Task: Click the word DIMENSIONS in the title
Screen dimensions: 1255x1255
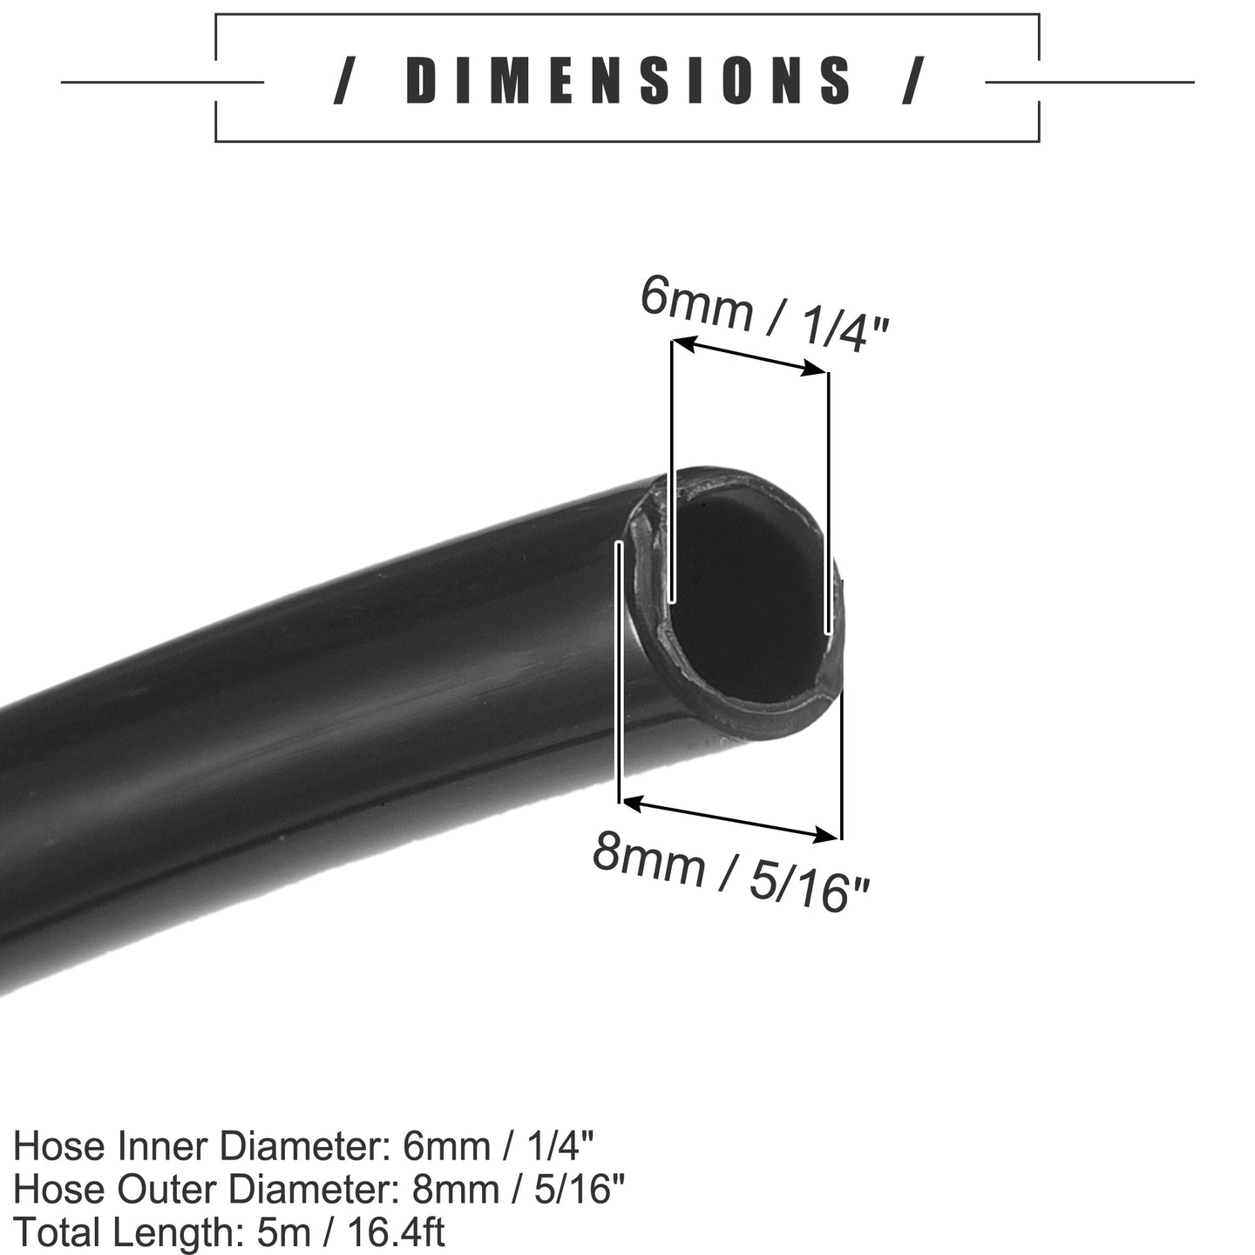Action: point(627,81)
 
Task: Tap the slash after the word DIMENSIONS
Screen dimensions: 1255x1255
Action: point(913,81)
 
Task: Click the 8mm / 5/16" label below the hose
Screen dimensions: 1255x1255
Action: point(730,871)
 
